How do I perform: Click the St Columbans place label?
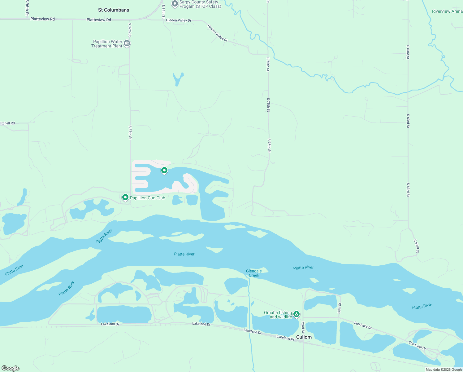click(114, 10)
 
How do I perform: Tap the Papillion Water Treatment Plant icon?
click(127, 43)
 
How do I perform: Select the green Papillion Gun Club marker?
click(125, 197)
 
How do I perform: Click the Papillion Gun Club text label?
click(148, 198)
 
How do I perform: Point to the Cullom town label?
click(304, 337)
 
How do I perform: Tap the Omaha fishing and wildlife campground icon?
click(296, 314)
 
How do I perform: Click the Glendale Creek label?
click(254, 273)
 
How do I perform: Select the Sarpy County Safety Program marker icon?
click(175, 4)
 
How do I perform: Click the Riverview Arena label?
click(447, 11)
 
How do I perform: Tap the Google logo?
click(11, 368)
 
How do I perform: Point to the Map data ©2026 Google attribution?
click(444, 370)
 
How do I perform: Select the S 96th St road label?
click(27, 8)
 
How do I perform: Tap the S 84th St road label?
click(163, 11)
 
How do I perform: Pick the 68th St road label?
click(340, 308)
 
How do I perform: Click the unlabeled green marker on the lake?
click(164, 170)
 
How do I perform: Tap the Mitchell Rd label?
click(7, 123)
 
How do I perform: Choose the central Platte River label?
click(184, 254)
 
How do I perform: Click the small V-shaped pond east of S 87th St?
click(178, 79)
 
